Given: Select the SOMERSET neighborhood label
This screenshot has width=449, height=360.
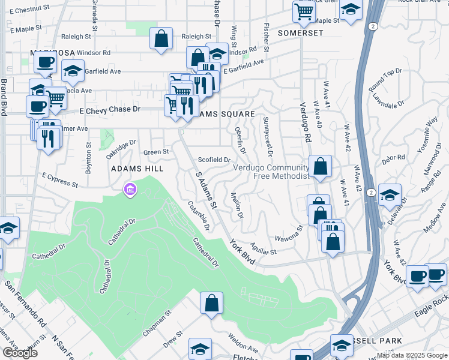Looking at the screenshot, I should point(301,33).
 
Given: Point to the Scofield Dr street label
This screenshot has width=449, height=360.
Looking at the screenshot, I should point(214,160).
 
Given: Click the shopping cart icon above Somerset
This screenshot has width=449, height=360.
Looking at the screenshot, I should point(304,11).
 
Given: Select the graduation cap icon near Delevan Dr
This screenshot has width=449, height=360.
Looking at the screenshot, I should point(390,195).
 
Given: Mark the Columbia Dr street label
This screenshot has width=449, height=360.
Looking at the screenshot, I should point(198,215).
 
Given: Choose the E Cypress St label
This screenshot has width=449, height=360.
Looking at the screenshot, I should point(60,181).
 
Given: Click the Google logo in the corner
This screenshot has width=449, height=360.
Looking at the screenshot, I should point(20,353).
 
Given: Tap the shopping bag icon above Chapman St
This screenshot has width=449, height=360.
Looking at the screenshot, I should point(211,303).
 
